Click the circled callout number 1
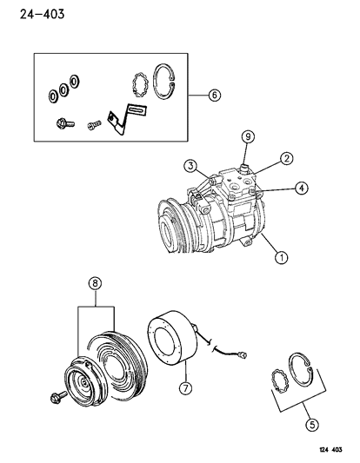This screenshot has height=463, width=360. [x=279, y=256]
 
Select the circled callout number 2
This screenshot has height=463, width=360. [x=284, y=158]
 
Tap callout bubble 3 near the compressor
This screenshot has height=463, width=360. [x=187, y=166]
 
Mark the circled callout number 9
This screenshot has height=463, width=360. [x=247, y=136]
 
